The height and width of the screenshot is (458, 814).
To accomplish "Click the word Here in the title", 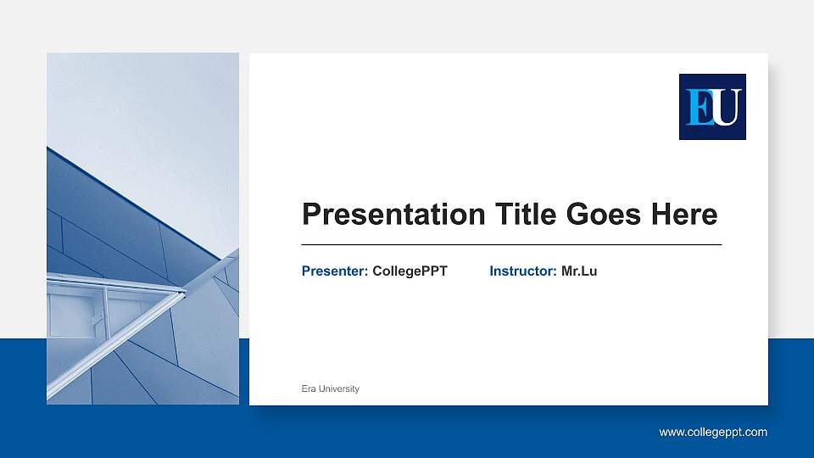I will (683, 215).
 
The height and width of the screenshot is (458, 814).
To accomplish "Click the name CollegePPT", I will (410, 271).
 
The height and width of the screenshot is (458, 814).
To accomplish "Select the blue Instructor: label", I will (523, 271).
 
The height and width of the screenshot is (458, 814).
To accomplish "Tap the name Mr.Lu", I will (579, 271).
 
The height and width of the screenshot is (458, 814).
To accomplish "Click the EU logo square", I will (712, 107).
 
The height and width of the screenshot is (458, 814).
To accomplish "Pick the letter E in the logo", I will (700, 108).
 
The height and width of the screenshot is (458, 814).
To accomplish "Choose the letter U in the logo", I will (726, 108).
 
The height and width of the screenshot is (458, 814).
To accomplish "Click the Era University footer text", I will (331, 388).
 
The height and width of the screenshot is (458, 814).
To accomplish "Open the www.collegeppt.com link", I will (713, 433).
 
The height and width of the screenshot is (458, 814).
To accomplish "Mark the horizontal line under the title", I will (511, 244).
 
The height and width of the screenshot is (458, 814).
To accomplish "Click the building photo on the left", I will (142, 229).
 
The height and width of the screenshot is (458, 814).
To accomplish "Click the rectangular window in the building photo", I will (75, 314).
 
